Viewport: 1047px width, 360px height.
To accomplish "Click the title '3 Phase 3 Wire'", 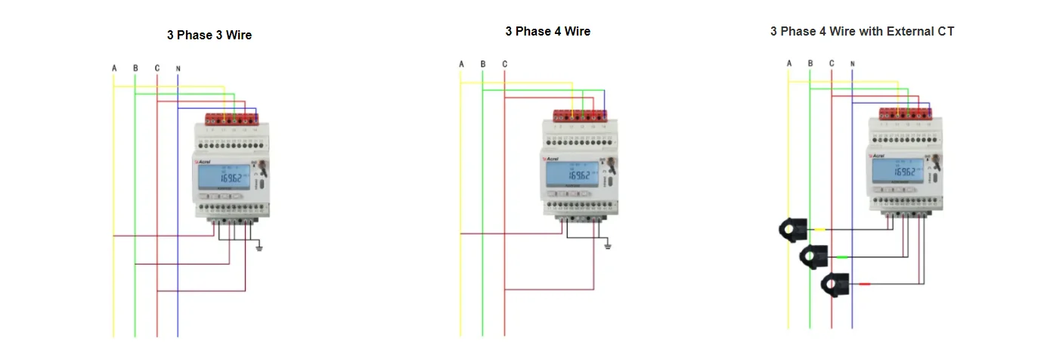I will (x=209, y=36).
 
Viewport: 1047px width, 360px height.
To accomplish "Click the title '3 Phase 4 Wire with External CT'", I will (x=862, y=32).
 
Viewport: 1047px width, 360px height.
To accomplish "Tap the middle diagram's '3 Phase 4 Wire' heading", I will (x=547, y=32).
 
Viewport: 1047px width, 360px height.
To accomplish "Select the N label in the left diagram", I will (x=178, y=69).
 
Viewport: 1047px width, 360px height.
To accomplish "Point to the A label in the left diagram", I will (x=114, y=69).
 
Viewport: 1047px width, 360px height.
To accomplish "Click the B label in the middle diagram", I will (x=482, y=64).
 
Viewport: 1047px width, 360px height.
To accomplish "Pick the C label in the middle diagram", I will (x=504, y=64).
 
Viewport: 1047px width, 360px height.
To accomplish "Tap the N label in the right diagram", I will (x=852, y=64).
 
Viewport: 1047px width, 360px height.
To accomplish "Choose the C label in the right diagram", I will (x=832, y=64).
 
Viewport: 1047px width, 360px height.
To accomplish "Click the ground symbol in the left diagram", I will (x=259, y=247).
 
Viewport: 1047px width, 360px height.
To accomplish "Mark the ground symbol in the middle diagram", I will (x=607, y=245).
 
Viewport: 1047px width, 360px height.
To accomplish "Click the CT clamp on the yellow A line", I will (x=793, y=230).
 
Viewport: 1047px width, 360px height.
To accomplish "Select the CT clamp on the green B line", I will (x=814, y=256).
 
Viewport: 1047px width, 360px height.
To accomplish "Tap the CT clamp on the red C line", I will (x=835, y=284).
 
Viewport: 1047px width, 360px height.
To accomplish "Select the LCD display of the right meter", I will (x=895, y=171).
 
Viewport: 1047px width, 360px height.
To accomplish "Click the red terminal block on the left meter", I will (x=232, y=118).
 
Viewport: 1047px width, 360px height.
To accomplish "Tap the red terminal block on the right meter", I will (x=906, y=113).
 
